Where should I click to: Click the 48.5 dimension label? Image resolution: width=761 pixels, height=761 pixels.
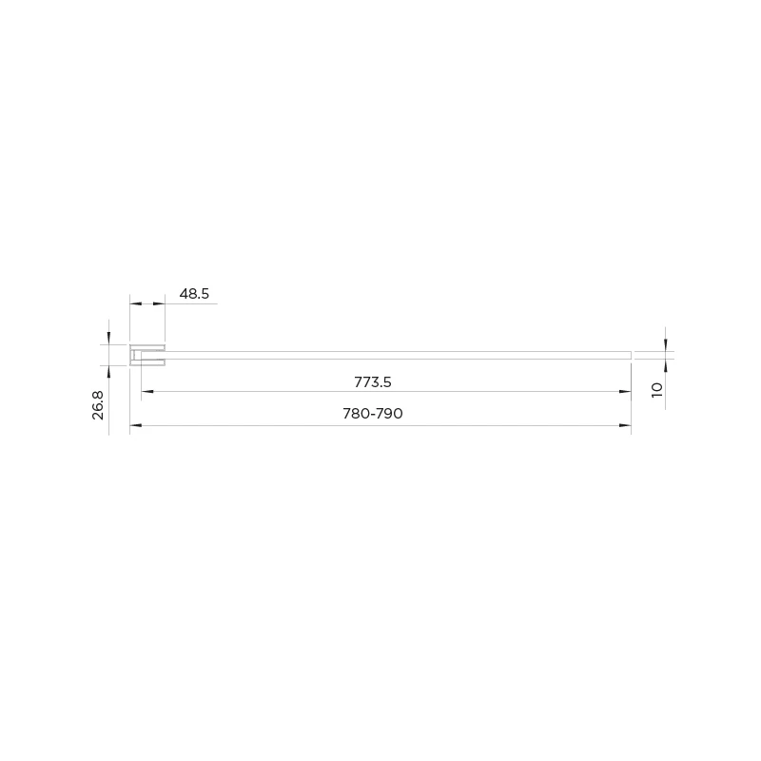pos(194,294)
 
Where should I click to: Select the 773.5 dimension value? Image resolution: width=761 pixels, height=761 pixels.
pos(373,382)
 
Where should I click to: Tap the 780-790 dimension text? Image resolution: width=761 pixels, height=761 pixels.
pos(373,415)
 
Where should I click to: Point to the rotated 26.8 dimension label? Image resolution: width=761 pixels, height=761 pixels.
pos(98,404)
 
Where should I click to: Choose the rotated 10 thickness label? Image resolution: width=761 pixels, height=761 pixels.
pos(656,390)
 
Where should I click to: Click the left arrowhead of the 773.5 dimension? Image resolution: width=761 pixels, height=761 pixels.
pos(147,391)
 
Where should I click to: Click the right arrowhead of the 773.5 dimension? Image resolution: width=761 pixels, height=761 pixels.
pos(625,391)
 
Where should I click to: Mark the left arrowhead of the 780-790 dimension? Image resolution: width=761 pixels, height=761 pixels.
pos(136,424)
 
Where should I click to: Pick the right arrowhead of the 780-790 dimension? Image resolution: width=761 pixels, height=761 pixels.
pos(625,424)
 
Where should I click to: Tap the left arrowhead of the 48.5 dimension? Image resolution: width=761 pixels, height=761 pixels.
pos(136,303)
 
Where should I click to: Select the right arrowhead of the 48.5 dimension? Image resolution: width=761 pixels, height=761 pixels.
pos(159,303)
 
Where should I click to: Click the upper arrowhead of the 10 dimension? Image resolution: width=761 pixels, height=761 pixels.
pos(666,344)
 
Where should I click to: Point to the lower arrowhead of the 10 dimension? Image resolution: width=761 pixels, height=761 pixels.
pos(666,365)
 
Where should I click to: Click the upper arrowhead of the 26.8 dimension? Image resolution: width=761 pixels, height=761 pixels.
pos(109,338)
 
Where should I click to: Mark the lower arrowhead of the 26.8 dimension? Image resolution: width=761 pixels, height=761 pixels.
pos(109,372)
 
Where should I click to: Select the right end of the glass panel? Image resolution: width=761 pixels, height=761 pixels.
pos(629,355)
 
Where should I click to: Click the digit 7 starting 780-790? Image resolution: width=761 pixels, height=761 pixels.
pos(347,415)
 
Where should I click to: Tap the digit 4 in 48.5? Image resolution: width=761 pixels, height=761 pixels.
pos(184,294)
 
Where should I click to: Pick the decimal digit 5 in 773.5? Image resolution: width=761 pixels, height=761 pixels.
pos(388,382)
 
